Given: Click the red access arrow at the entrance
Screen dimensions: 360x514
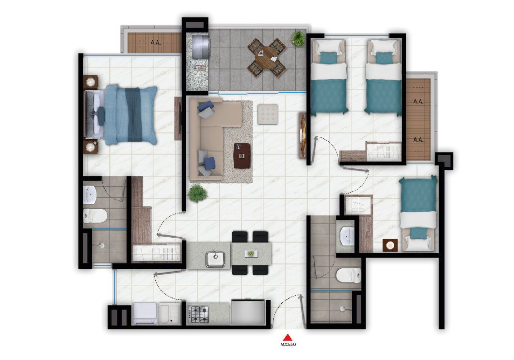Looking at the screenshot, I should [x=288, y=337].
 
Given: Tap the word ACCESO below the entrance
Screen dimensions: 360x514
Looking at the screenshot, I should [x=288, y=344].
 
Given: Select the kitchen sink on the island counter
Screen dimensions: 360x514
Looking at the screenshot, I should [x=215, y=259].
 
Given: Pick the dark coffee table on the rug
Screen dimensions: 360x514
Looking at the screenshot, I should [x=242, y=155].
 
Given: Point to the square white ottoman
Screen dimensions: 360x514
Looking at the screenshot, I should [x=268, y=115].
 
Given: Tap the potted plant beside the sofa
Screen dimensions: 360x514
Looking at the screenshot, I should [x=197, y=193].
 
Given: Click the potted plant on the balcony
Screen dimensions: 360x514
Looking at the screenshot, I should [x=299, y=38].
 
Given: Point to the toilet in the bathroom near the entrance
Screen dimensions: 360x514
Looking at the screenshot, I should [x=349, y=276].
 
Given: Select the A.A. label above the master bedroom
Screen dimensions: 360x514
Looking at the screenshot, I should [x=156, y=43].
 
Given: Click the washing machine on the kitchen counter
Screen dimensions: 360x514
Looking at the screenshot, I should [x=145, y=313].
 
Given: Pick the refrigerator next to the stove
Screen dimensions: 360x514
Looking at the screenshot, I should [x=248, y=312].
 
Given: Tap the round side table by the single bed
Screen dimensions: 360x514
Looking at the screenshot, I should [x=390, y=245].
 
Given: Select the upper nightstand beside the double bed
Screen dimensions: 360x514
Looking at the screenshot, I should [x=91, y=82].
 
